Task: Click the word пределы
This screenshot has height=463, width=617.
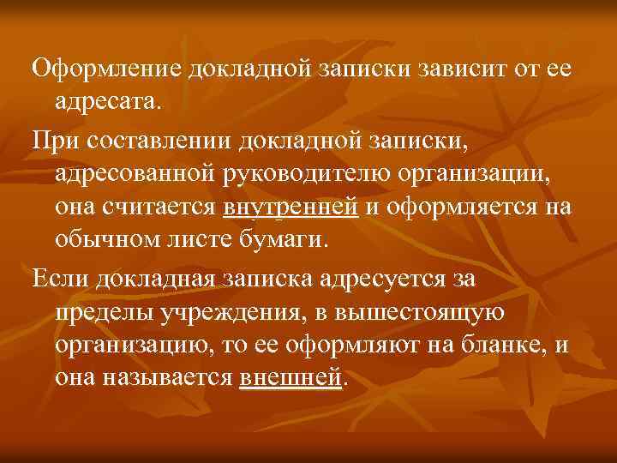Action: pos(104,311)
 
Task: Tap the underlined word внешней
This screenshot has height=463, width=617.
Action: pos(291,378)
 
